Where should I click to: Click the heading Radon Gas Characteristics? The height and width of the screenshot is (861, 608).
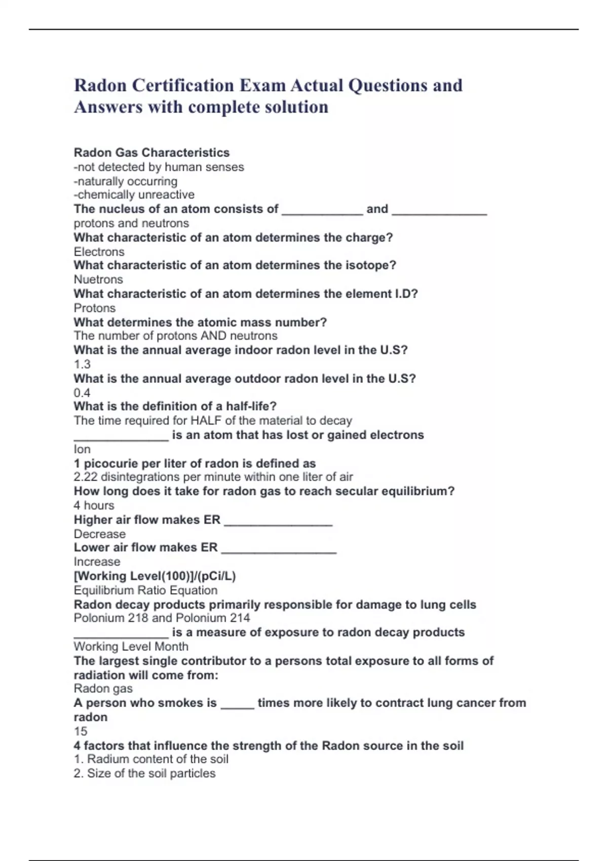[151, 152]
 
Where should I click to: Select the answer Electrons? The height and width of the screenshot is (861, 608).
[99, 252]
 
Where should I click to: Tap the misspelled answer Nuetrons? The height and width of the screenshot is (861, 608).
[98, 280]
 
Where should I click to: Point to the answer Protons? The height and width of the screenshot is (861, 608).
[95, 308]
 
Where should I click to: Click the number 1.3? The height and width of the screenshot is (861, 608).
[82, 364]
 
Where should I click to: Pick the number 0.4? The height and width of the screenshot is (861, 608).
[82, 393]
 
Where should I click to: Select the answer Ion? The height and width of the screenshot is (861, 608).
[82, 449]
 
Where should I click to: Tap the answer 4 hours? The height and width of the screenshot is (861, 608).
[94, 505]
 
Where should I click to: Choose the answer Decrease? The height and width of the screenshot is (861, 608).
[99, 534]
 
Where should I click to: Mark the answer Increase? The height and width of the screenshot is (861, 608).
[97, 562]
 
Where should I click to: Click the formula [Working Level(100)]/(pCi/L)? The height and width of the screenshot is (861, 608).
[155, 576]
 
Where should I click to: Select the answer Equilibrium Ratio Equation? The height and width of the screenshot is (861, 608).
[145, 590]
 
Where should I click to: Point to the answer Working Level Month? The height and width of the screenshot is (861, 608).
[131, 646]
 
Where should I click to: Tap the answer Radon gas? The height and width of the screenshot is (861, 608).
[103, 688]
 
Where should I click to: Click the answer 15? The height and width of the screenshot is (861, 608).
[81, 731]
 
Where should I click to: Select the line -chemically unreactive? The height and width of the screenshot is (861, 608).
[134, 194]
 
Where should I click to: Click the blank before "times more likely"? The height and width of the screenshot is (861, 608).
[237, 705]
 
